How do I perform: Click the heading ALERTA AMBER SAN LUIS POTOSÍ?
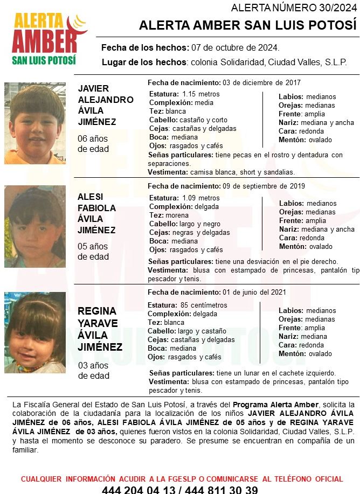[x=248, y=26]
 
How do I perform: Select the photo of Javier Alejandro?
[x=34, y=123]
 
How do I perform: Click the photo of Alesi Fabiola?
[x=34, y=226]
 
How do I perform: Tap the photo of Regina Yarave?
[x=34, y=332]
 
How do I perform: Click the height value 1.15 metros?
[x=201, y=94]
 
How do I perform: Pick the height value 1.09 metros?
[x=201, y=198]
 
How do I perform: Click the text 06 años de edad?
[x=93, y=144]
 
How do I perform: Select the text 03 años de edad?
[x=93, y=371]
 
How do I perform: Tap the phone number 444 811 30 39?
[x=221, y=490]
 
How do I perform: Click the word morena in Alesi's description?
[x=177, y=215]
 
